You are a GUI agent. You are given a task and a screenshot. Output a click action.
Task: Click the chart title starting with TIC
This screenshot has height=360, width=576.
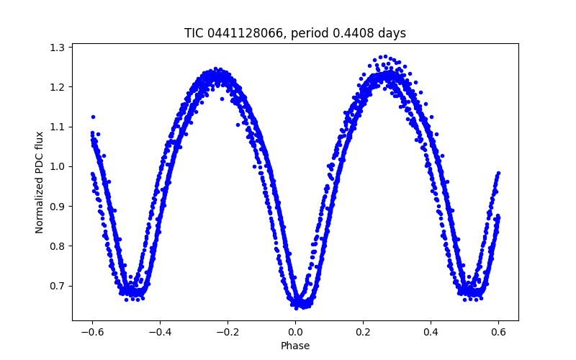(x=295, y=33)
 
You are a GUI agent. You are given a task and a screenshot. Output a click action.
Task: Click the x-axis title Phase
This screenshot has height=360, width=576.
(x=295, y=346)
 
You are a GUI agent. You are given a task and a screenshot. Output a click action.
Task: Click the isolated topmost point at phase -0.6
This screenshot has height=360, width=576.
(x=93, y=117)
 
